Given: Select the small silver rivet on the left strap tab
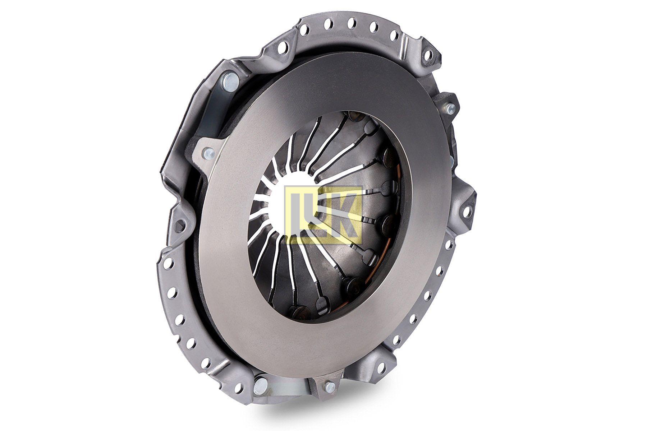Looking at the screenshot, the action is pos(207,153).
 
